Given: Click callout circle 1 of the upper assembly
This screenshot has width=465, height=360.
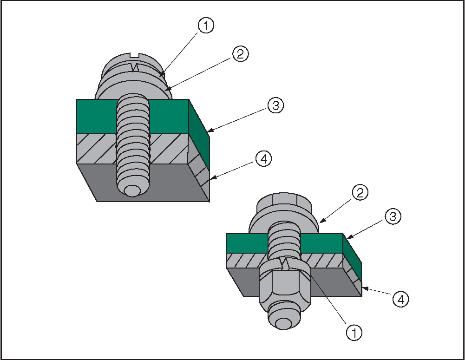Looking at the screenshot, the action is (206, 26).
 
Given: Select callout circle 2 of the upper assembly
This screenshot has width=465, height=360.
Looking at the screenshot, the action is (241, 54).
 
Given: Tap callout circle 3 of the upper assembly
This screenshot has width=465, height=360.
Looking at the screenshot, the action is (276, 105).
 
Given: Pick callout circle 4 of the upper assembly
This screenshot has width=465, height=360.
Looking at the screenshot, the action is (263, 159).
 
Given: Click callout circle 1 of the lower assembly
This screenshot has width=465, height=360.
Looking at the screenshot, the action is (354, 333).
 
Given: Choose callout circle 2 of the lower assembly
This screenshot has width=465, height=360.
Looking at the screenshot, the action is (360, 193).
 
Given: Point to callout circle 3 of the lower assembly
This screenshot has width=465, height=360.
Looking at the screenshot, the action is (393, 216).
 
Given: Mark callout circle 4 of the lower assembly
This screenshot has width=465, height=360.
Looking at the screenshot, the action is (400, 300).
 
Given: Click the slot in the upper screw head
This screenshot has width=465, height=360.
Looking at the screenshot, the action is (135, 55).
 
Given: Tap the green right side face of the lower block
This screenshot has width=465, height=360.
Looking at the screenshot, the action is (352, 257).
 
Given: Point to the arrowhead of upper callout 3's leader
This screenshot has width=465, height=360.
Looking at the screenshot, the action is (210, 130).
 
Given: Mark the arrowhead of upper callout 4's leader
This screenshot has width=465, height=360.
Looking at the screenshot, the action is (213, 178).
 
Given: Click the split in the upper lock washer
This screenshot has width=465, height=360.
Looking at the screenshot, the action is (136, 67).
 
